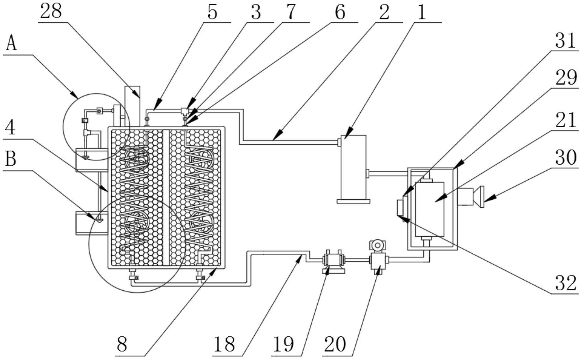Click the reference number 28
tap(51, 12)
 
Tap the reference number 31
tap(566, 41)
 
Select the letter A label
tap(11, 44)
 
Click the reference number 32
tap(566, 283)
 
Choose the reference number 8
tap(122, 344)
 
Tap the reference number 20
tap(335, 344)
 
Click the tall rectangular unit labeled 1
tap(353, 166)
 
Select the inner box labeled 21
tap(430, 209)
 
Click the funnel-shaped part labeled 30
tap(481, 197)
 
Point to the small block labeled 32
tap(400, 207)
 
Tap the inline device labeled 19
tap(333, 260)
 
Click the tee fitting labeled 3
tap(184, 111)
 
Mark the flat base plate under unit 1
tap(353, 201)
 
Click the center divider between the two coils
tap(166, 198)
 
